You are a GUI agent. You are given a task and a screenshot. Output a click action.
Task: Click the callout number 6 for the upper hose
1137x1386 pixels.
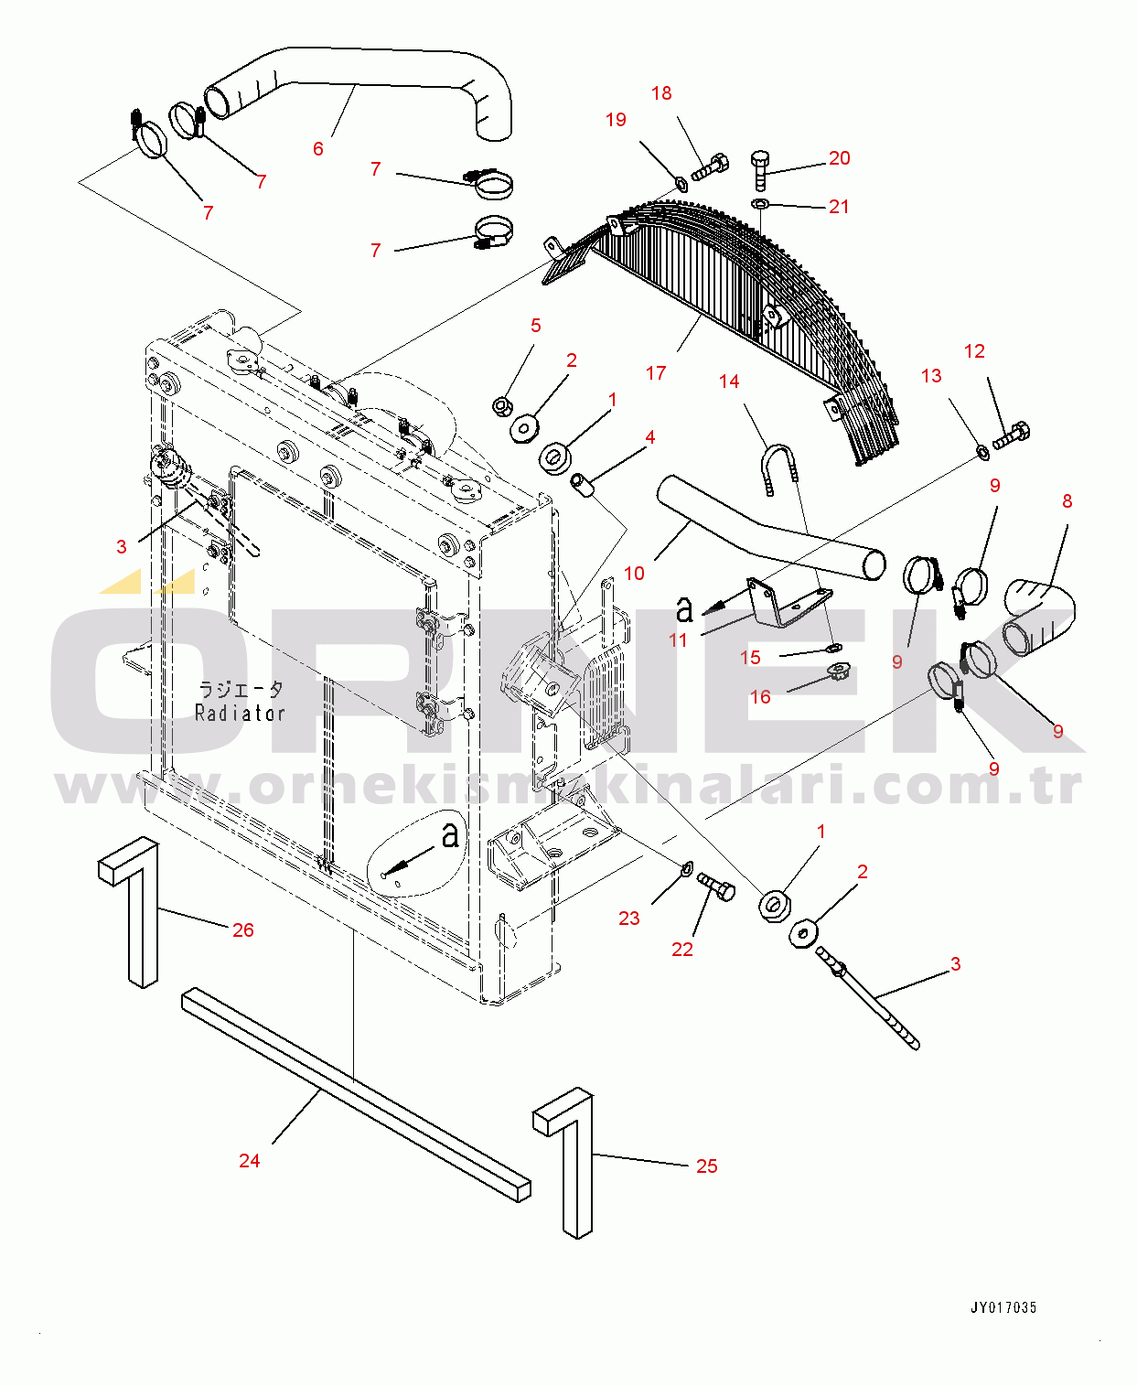(x=317, y=148)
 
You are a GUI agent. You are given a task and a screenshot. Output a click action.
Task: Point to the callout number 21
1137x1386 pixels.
(x=839, y=207)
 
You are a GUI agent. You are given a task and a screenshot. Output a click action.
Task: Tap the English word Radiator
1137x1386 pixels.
(x=240, y=713)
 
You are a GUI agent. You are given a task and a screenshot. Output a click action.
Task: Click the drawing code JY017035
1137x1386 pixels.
(x=1003, y=1307)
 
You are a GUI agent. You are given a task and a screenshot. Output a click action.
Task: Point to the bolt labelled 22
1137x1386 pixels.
(x=716, y=886)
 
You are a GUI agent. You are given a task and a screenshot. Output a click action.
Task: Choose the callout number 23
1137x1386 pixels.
(x=629, y=918)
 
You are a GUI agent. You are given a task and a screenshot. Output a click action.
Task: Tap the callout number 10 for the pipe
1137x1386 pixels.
(x=634, y=574)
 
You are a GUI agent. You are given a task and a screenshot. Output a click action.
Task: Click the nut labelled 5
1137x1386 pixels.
(x=501, y=404)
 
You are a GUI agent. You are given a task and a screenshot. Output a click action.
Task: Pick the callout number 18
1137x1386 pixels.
(x=661, y=93)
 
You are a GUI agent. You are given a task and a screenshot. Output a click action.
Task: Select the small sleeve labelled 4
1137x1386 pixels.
(x=583, y=485)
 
